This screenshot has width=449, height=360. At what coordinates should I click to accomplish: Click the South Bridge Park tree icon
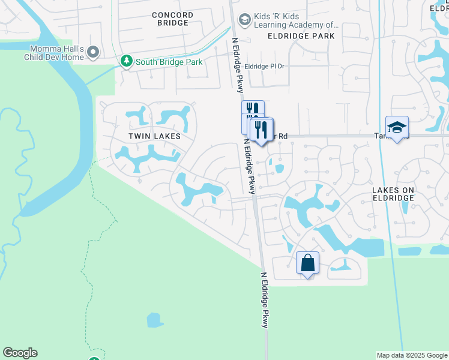[x=126, y=61]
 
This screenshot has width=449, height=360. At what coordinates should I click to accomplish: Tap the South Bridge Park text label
[x=169, y=62]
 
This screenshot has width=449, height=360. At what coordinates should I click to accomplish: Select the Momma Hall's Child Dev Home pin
[x=93, y=53]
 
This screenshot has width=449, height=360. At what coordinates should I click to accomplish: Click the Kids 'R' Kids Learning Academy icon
[x=244, y=20]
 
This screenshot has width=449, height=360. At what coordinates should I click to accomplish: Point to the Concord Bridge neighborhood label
[x=172, y=19]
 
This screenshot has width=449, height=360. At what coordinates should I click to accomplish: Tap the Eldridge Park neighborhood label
[x=301, y=36]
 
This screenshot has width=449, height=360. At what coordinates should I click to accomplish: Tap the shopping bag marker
[x=307, y=263]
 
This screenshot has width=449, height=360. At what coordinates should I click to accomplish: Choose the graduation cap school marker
[x=397, y=127]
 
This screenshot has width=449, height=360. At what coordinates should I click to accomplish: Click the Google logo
[x=20, y=353]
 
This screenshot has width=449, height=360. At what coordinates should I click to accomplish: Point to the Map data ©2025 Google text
[x=412, y=355]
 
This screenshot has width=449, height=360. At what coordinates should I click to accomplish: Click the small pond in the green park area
[x=155, y=320]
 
